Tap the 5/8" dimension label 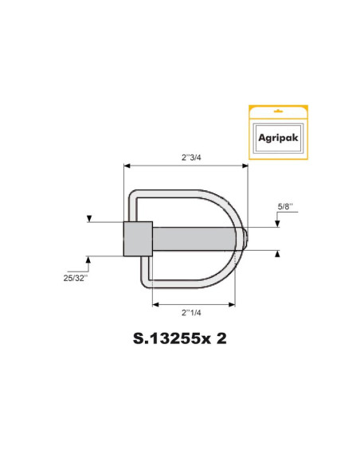coord(285,206)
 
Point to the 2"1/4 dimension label coord(194,313)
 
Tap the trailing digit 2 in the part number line coord(221,338)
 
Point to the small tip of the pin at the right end coord(245,237)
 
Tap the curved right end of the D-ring coord(236,239)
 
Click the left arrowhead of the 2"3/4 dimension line coord(127,166)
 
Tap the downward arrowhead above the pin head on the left coord(88,217)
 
